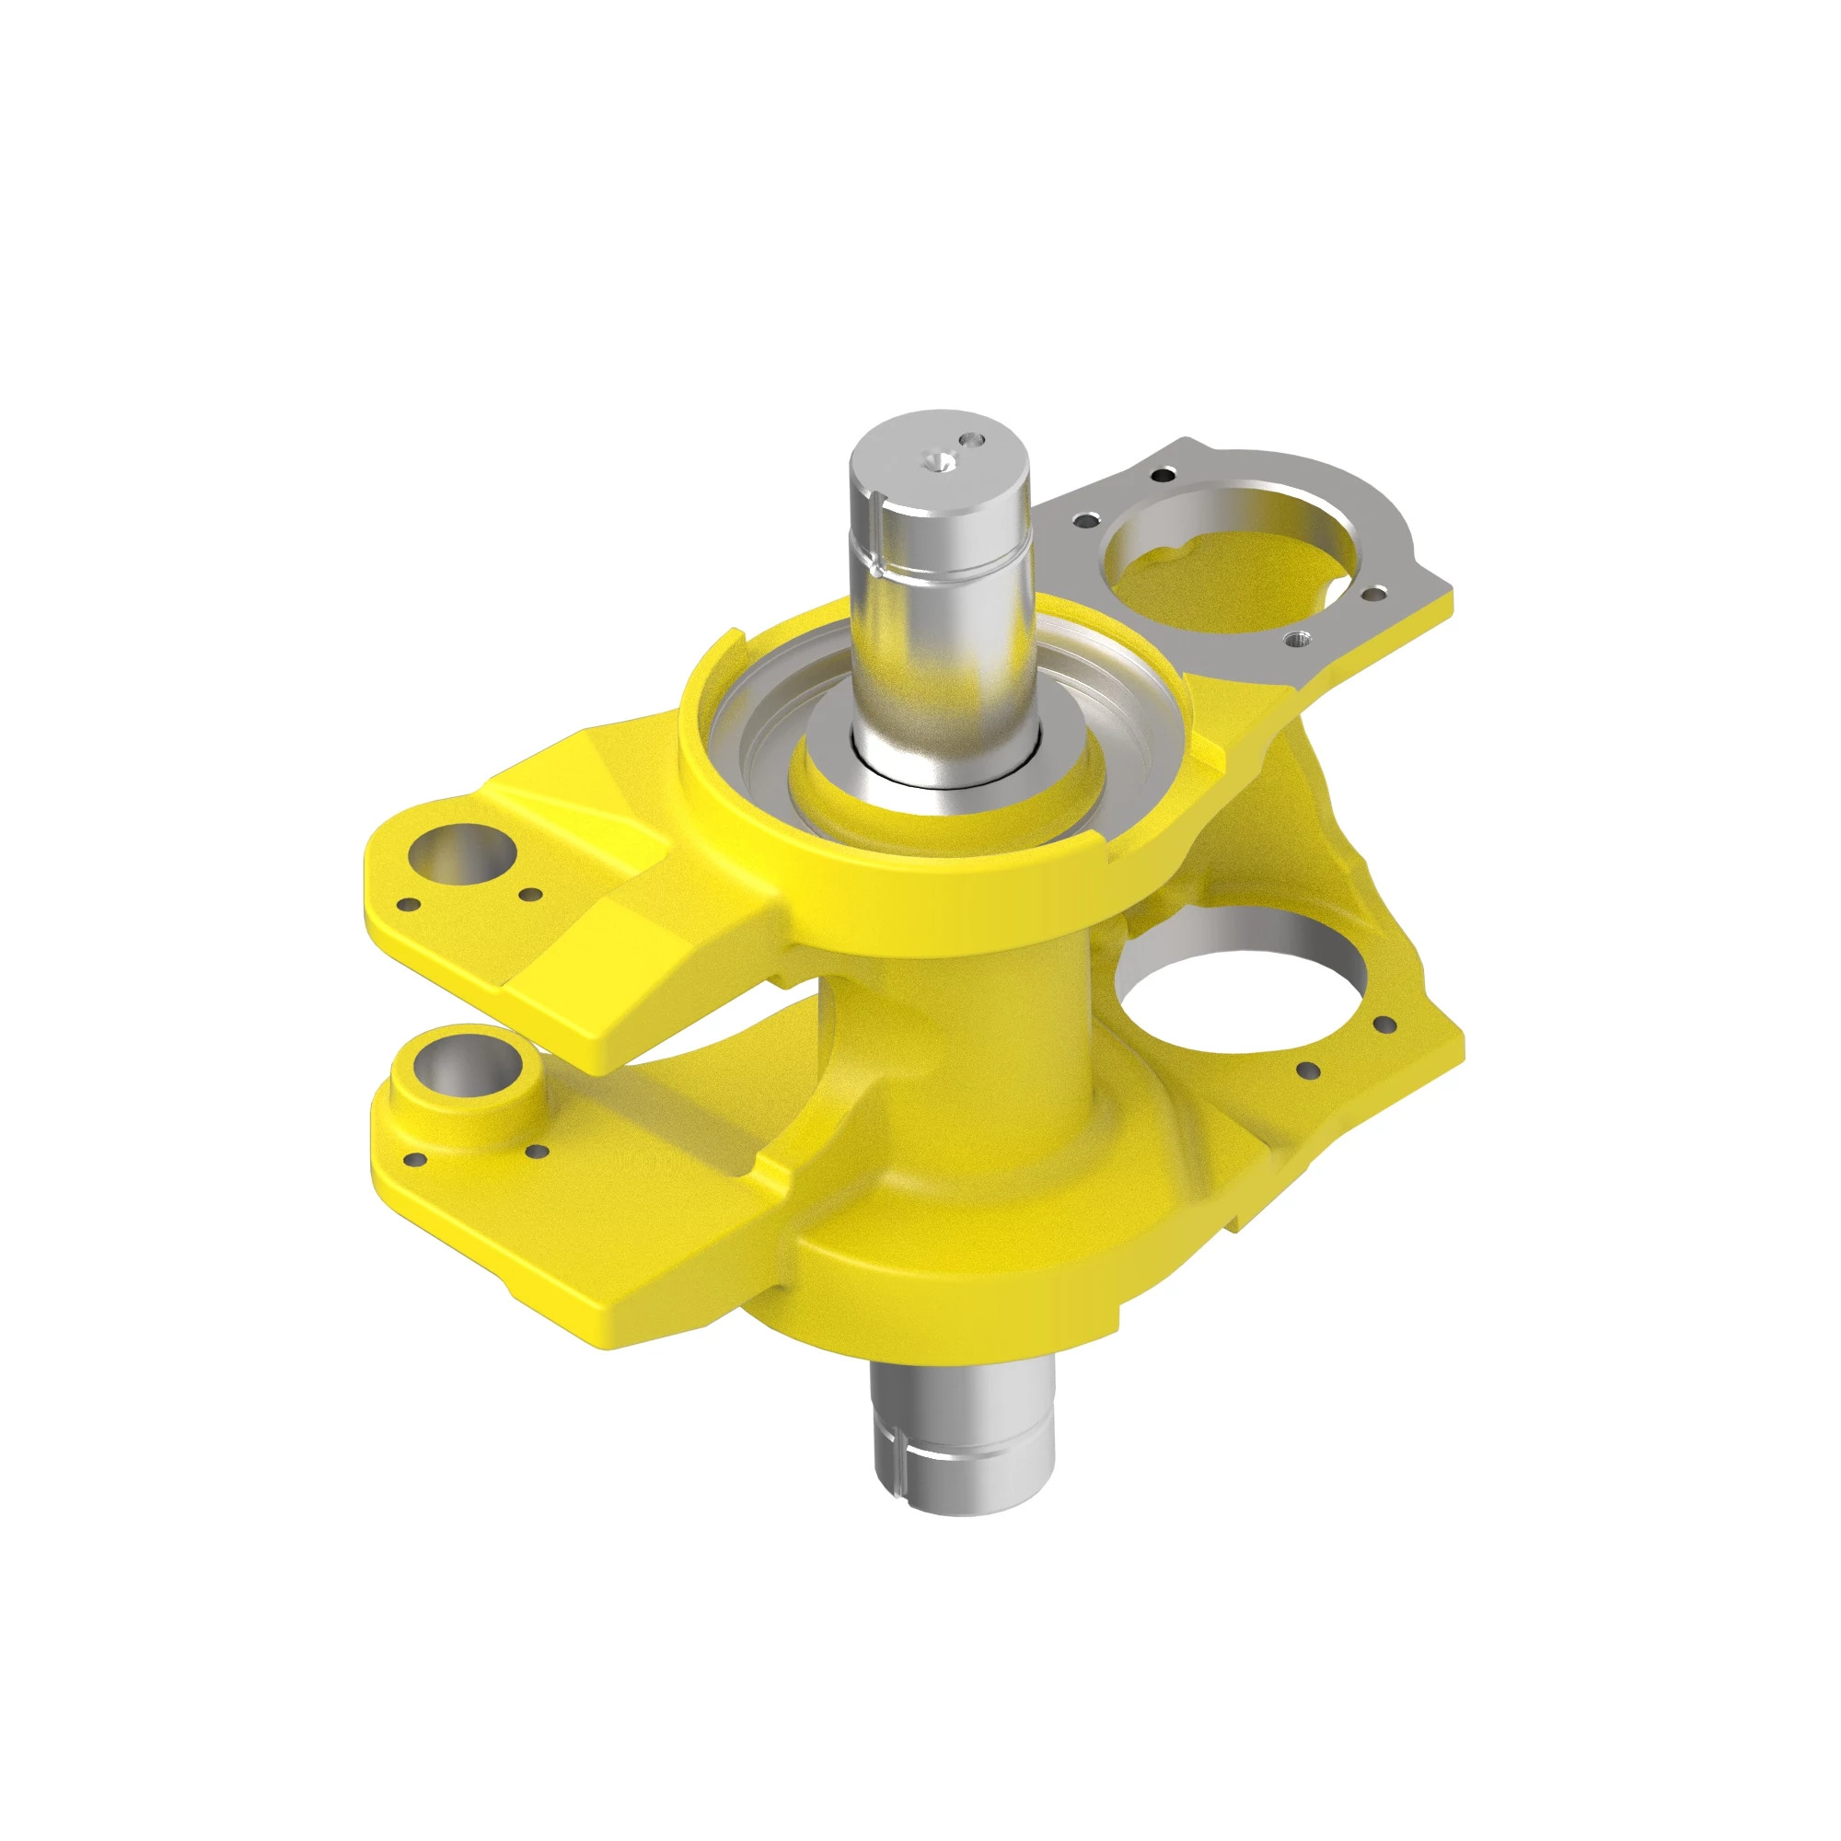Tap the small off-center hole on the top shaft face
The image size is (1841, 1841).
click(972, 441)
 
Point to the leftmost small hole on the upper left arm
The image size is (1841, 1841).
click(408, 903)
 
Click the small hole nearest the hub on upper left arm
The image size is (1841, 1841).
click(530, 894)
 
